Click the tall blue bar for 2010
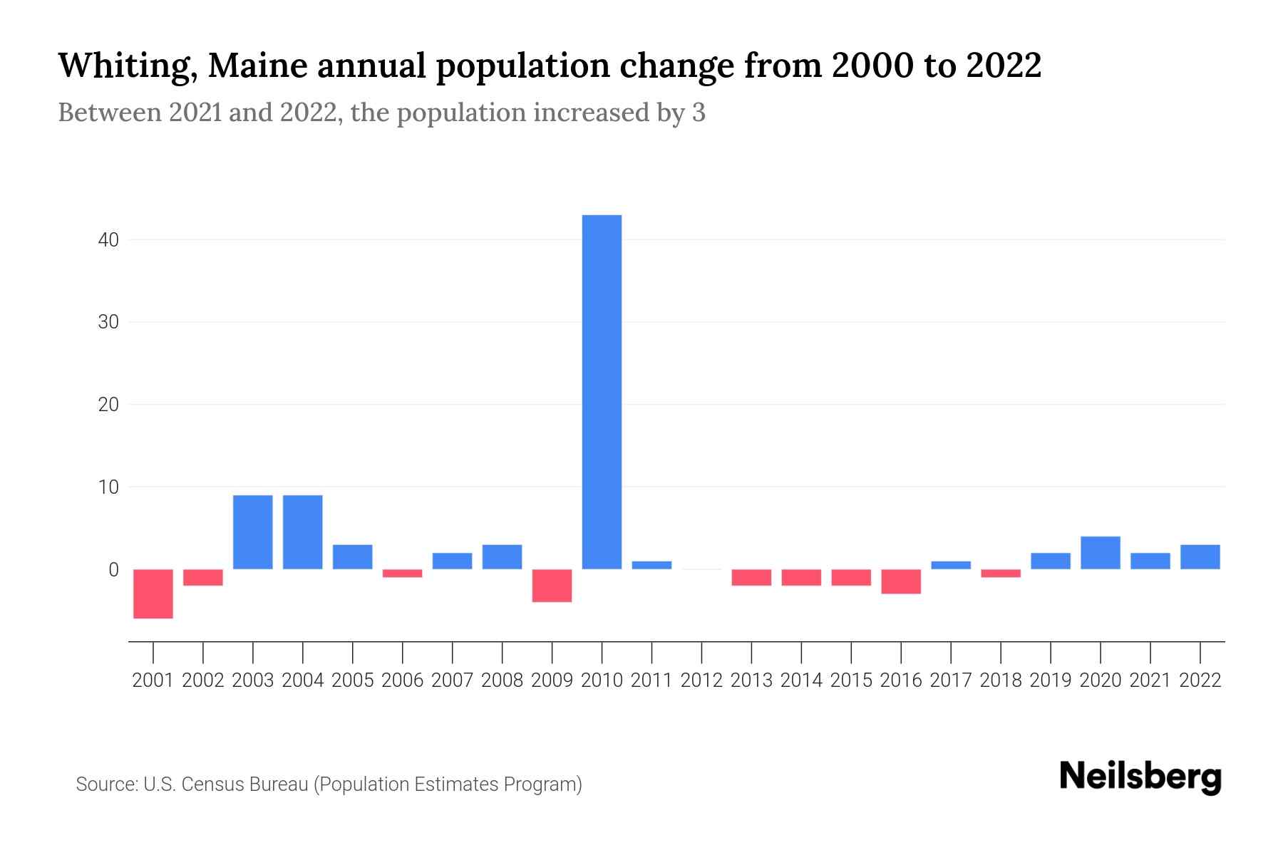[x=602, y=392]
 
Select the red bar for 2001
[x=153, y=594]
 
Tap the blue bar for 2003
[x=253, y=532]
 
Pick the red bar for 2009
[x=552, y=585]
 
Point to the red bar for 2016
[x=901, y=581]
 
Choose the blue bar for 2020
[x=1100, y=552]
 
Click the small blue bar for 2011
[x=651, y=565]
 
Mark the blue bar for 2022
[x=1200, y=556]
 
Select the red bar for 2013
[x=751, y=577]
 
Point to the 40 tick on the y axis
[x=108, y=240]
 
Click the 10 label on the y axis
[x=108, y=487]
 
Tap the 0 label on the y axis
[x=113, y=570]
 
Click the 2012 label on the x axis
[x=701, y=680]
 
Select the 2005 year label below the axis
[x=353, y=680]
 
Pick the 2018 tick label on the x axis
[x=1001, y=680]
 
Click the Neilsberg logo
[x=1140, y=777]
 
